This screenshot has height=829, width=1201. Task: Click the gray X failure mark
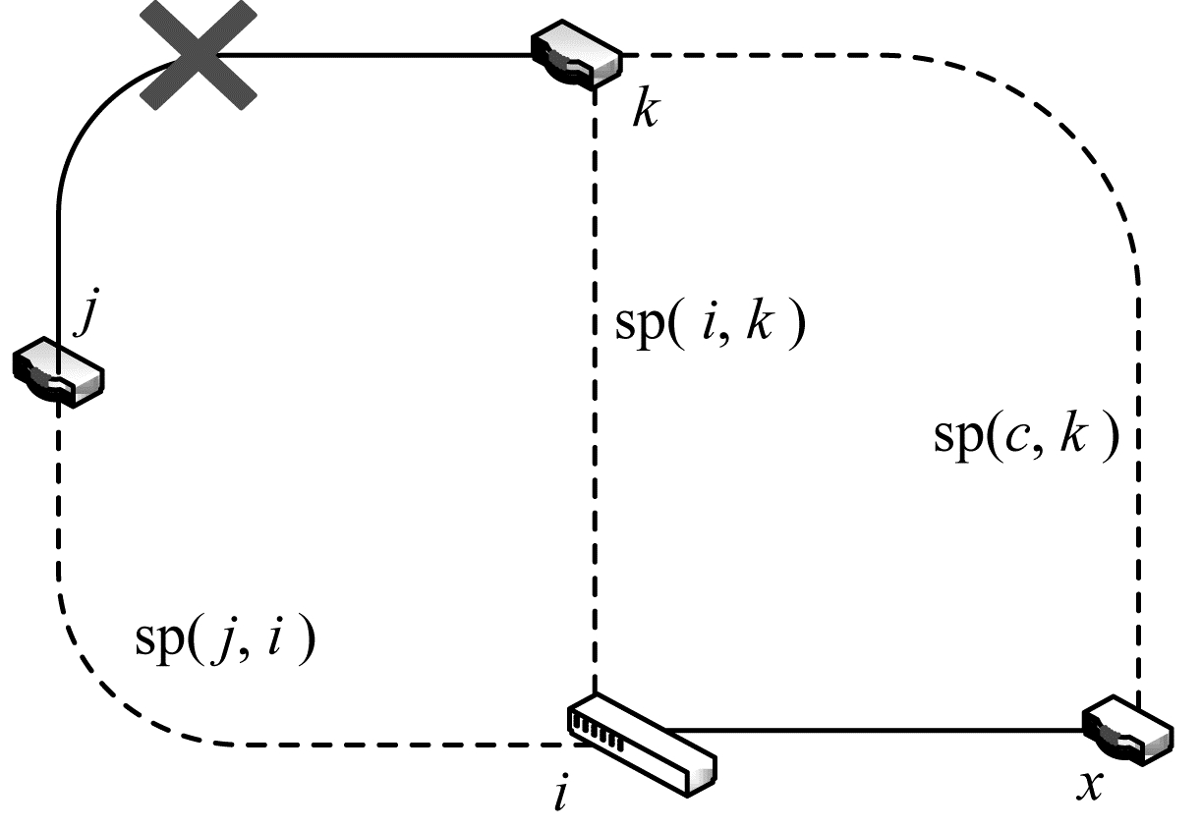pyautogui.click(x=198, y=56)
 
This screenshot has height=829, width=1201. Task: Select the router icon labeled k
pyautogui.click(x=577, y=58)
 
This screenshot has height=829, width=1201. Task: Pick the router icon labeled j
pyautogui.click(x=58, y=372)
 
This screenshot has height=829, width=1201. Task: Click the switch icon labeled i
pyautogui.click(x=641, y=741)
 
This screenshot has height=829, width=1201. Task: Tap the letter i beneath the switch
pyautogui.click(x=561, y=795)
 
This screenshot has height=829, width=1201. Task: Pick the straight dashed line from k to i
pyautogui.click(x=596, y=491)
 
